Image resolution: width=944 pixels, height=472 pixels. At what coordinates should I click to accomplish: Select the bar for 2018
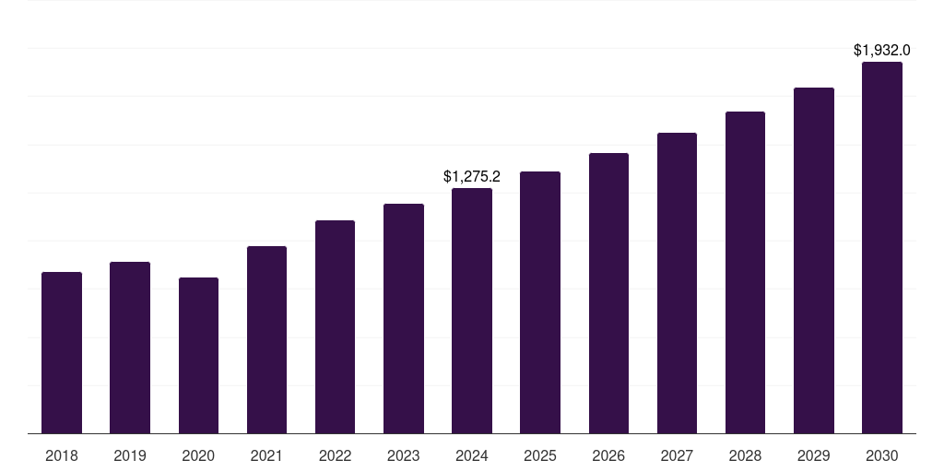pyautogui.click(x=62, y=352)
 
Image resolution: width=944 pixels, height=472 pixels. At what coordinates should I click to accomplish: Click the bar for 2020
pyautogui.click(x=198, y=355)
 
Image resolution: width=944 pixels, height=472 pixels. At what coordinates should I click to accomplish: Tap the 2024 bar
pyautogui.click(x=472, y=311)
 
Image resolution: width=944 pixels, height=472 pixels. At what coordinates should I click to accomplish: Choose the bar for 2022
pyautogui.click(x=335, y=326)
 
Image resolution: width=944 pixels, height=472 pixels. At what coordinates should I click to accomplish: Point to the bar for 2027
pyautogui.click(x=677, y=283)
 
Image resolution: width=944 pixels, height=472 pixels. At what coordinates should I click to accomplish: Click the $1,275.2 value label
pyautogui.click(x=472, y=176)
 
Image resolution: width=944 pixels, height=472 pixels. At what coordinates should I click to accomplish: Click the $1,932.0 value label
pyautogui.click(x=881, y=50)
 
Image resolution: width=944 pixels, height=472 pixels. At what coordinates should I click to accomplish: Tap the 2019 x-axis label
pyautogui.click(x=130, y=455)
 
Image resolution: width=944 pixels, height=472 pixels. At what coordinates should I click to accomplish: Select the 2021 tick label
pyautogui.click(x=266, y=455)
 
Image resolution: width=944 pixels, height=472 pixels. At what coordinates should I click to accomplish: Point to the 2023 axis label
pyautogui.click(x=403, y=455)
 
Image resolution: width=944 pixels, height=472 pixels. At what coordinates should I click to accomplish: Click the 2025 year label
pyautogui.click(x=540, y=455)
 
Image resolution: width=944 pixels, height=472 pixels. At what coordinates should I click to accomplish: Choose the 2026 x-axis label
pyautogui.click(x=608, y=455)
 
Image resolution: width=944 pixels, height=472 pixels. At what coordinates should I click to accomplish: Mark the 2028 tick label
pyautogui.click(x=745, y=455)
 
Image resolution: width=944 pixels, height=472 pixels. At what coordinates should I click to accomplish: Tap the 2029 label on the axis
pyautogui.click(x=813, y=455)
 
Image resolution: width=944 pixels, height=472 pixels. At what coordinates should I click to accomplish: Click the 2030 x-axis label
pyautogui.click(x=881, y=455)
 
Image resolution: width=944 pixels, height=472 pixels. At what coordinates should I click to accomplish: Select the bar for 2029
pyautogui.click(x=813, y=260)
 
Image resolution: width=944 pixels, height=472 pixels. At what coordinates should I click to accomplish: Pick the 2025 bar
pyautogui.click(x=540, y=302)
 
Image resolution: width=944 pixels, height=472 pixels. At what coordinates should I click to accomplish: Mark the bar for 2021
pyautogui.click(x=266, y=339)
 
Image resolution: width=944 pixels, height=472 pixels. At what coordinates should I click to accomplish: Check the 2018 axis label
pyautogui.click(x=62, y=455)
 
